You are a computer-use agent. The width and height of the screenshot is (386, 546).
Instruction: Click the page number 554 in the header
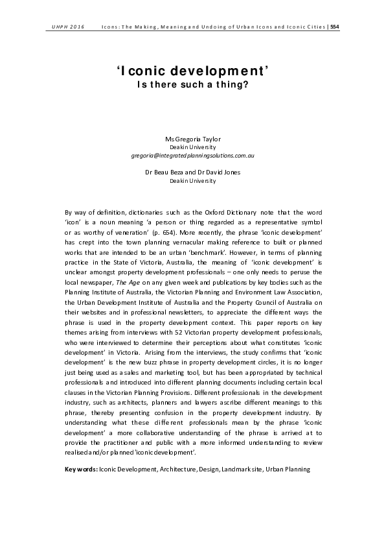pyautogui.click(x=334, y=27)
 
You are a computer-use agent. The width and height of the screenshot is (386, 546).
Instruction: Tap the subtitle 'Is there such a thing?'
pyautogui.click(x=192, y=84)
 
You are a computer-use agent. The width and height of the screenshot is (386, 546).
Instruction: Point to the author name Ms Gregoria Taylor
pyautogui.click(x=192, y=139)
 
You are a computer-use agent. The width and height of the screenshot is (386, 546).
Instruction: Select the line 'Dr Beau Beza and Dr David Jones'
pyautogui.click(x=192, y=172)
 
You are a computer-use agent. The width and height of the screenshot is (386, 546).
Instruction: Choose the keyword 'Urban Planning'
pyautogui.click(x=290, y=468)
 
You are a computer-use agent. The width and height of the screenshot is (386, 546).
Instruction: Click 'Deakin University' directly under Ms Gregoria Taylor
pyautogui.click(x=192, y=148)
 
